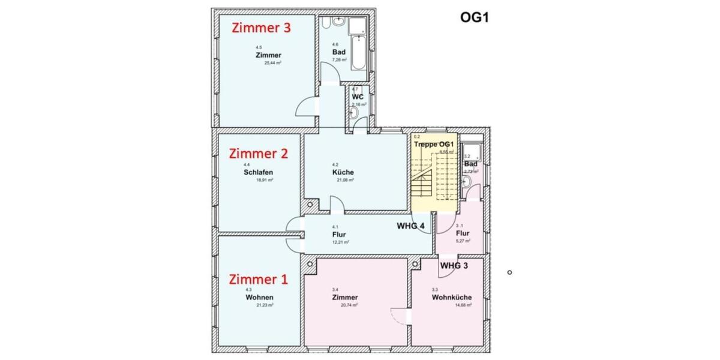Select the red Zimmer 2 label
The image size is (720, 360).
click(x=259, y=153)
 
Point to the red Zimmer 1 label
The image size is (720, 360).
click(x=259, y=279)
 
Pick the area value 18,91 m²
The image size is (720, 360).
click(x=265, y=179)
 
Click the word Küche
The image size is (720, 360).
click(x=343, y=172)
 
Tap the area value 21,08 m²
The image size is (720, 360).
click(x=344, y=180)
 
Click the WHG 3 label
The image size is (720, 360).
click(x=455, y=265)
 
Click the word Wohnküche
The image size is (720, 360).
click(x=451, y=297)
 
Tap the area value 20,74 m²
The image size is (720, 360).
click(x=349, y=305)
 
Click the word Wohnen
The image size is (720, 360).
click(x=259, y=298)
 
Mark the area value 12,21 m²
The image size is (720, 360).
click(x=340, y=242)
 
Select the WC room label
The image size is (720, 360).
click(x=358, y=97)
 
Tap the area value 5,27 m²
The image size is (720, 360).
click(x=463, y=241)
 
